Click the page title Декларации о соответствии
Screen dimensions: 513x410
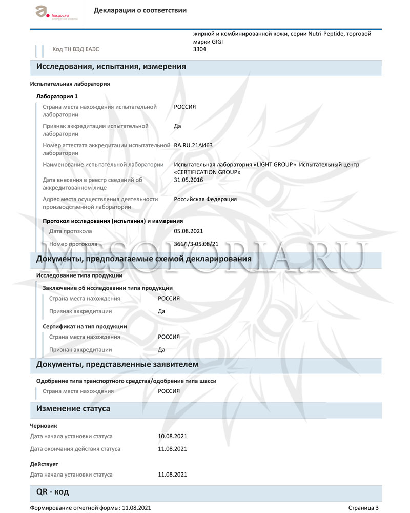140,10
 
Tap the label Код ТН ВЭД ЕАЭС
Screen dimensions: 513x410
75,49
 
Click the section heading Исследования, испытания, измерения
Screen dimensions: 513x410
111,66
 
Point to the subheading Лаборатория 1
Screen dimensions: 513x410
56,96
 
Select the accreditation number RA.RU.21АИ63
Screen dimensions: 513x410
193,145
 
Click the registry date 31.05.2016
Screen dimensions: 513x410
189,180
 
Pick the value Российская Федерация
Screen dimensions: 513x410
205,199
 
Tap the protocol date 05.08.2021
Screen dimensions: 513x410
189,231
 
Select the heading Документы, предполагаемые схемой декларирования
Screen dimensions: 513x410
143,259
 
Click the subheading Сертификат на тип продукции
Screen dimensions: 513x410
85,326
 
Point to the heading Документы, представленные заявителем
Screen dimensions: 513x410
117,364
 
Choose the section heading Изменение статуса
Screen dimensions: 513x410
73,409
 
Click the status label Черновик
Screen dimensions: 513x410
44,426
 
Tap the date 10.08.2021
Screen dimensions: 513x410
173,436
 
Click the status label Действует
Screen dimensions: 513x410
45,464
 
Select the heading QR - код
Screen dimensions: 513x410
52,491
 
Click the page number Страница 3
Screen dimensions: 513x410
363,508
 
